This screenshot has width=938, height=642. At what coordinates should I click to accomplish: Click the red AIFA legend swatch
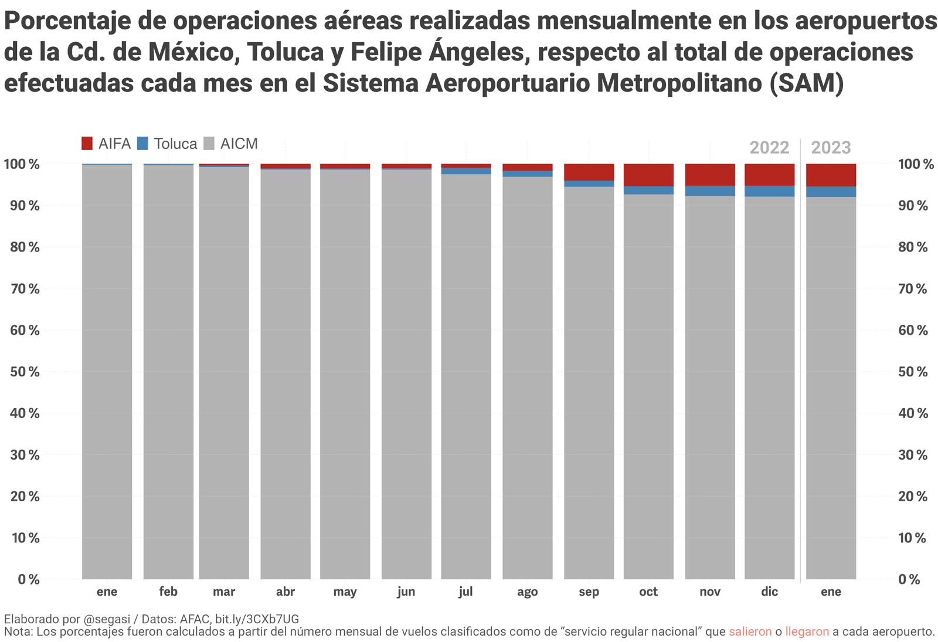pyautogui.click(x=87, y=143)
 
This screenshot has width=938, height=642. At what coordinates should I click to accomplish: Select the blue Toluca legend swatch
pyautogui.click(x=142, y=143)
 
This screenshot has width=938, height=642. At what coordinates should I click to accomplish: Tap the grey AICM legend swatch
pyautogui.click(x=209, y=143)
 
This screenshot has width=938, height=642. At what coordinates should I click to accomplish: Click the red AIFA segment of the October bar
pyautogui.click(x=648, y=175)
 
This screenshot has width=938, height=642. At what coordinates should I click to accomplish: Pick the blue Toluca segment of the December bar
pyautogui.click(x=769, y=191)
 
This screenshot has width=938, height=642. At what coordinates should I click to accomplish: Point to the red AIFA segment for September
pyautogui.click(x=589, y=172)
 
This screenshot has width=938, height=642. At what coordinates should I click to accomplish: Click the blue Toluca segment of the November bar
pyautogui.click(x=710, y=191)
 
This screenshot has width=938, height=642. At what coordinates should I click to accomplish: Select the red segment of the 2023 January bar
pyautogui.click(x=831, y=175)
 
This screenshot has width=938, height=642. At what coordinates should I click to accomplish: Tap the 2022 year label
pyautogui.click(x=769, y=147)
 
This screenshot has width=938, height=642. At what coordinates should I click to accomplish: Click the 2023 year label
pyautogui.click(x=831, y=147)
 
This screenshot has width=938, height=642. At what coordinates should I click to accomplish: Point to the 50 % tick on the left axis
pyautogui.click(x=25, y=372)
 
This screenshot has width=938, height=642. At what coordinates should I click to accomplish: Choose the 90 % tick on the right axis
pyautogui.click(x=913, y=206)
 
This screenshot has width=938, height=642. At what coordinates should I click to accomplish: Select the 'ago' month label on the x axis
pyautogui.click(x=527, y=592)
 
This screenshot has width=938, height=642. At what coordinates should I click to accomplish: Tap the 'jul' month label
pyautogui.click(x=465, y=592)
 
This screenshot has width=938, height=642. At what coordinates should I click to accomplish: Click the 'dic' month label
pyautogui.click(x=769, y=592)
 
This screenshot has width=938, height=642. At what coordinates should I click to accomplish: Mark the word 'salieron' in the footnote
pyautogui.click(x=750, y=631)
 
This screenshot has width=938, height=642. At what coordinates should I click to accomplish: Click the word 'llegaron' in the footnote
pyautogui.click(x=807, y=631)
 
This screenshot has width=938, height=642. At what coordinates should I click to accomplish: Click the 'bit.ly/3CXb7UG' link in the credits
pyautogui.click(x=257, y=619)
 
